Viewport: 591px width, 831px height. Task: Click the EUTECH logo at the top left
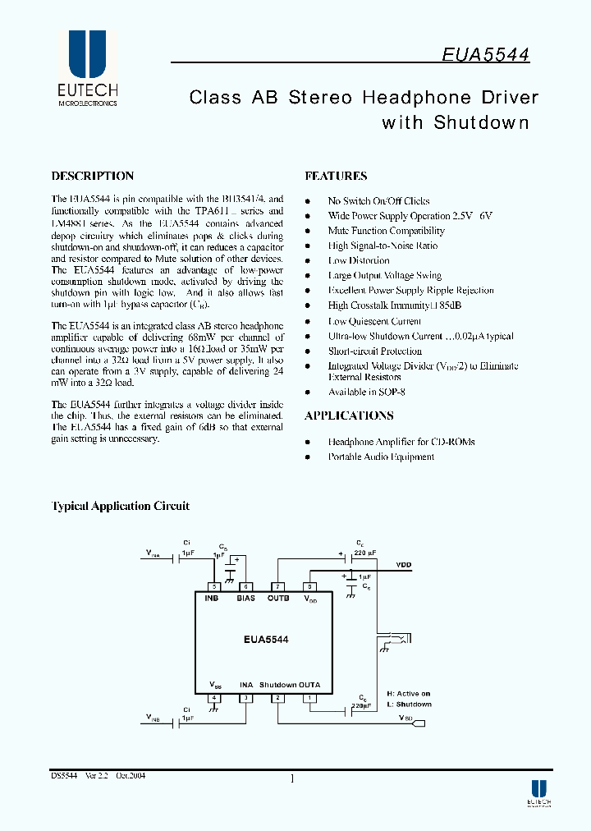[87, 70]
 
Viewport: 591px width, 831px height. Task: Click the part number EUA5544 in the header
[485, 54]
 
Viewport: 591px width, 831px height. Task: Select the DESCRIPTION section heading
[93, 176]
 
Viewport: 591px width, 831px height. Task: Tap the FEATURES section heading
[336, 176]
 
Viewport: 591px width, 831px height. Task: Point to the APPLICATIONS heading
[349, 415]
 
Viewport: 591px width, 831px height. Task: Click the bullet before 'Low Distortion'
[308, 261]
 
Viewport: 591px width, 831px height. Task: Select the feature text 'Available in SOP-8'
[366, 392]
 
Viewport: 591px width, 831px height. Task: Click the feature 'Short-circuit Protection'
[374, 351]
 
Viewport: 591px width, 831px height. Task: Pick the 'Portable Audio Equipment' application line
[381, 457]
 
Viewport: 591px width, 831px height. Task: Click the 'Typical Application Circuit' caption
[121, 506]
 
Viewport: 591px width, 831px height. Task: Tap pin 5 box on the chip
[215, 586]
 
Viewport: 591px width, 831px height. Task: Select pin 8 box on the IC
[309, 586]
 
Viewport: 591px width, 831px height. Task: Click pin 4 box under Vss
[215, 697]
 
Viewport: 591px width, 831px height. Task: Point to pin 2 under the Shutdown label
[278, 697]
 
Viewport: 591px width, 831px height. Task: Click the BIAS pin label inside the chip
[245, 598]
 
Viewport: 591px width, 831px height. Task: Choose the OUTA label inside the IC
[309, 685]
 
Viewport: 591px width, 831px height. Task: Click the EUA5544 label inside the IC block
[265, 638]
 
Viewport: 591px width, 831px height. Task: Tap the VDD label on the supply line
[404, 565]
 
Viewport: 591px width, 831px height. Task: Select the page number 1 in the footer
[292, 778]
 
